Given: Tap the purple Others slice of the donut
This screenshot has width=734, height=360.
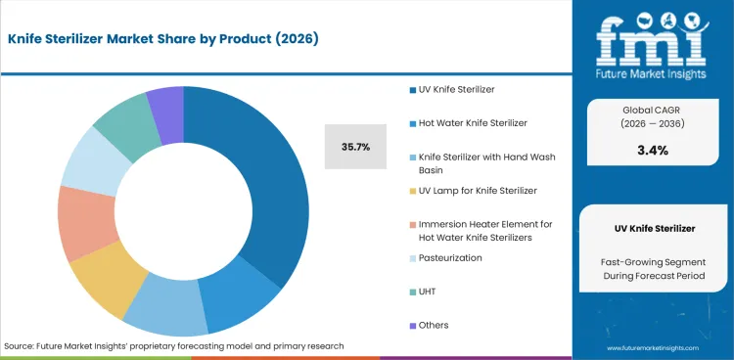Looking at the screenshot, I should point(167,102).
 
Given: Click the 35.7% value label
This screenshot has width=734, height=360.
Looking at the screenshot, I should point(355,147).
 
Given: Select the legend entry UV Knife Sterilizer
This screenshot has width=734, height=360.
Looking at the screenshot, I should point(456,90).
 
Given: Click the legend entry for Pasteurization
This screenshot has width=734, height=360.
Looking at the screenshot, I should point(449,258).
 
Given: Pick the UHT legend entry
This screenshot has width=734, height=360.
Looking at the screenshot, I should point(430,292).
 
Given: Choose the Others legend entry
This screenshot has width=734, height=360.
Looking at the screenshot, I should point(434,325).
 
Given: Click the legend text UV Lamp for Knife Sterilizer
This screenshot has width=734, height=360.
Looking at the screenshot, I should point(478,190).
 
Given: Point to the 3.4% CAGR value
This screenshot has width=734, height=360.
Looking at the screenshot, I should point(651,150).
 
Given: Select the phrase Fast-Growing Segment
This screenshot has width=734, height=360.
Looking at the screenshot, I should point(651,261).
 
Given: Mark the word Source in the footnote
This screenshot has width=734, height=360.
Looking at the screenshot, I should point(22,346).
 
